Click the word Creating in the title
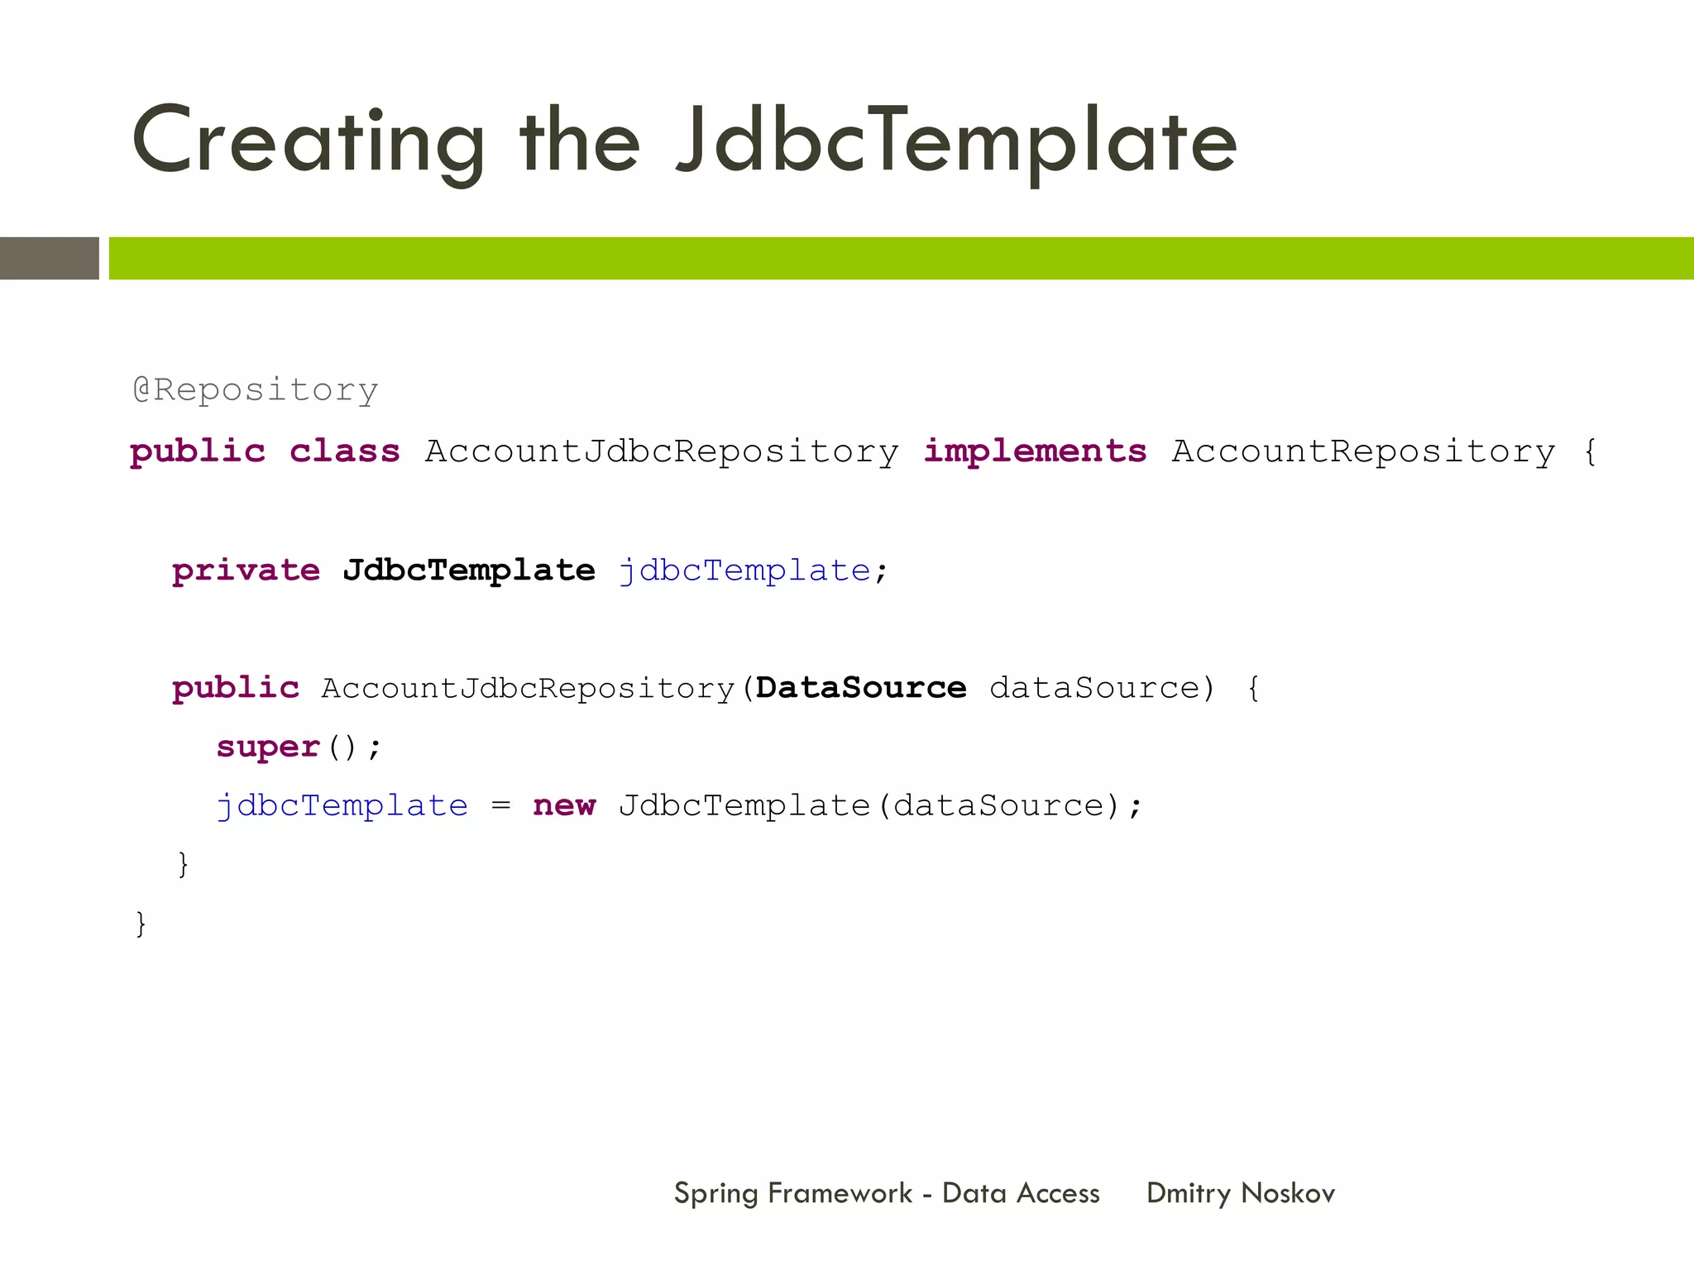(308, 142)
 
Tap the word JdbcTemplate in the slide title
(956, 142)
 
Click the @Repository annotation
(256, 389)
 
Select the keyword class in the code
(345, 451)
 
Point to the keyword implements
(1035, 451)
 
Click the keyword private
(246, 571)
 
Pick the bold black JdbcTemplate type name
(469, 571)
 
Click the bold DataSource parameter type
(861, 688)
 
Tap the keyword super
(268, 747)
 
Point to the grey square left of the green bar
(50, 258)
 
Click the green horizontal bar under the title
(902, 258)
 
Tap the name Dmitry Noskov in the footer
(1241, 1193)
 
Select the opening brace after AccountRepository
(1589, 452)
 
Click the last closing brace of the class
(141, 924)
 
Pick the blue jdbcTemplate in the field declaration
(744, 571)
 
